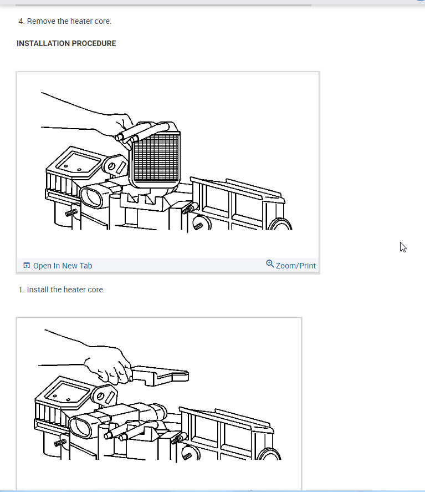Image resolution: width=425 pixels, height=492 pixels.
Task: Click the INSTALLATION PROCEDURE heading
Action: click(66, 43)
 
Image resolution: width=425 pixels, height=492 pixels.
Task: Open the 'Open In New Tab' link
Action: click(62, 266)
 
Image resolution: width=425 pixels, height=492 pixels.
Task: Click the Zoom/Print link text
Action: click(295, 266)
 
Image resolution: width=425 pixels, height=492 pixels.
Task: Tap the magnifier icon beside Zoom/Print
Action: click(270, 263)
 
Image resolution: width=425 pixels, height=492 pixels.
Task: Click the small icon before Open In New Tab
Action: click(27, 266)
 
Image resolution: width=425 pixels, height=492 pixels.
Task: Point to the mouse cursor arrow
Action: click(403, 247)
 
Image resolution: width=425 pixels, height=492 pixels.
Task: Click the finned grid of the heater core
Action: click(156, 158)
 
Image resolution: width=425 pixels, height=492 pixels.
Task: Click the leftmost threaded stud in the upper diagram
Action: click(71, 212)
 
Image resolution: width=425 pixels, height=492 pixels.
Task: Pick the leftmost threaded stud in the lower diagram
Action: click(60, 443)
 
